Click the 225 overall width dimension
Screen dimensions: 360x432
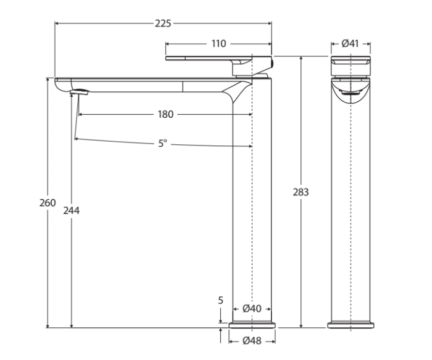pyautogui.click(x=163, y=23)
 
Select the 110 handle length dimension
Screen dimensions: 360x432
pyautogui.click(x=219, y=44)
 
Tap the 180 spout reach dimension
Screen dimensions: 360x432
pyautogui.click(x=165, y=114)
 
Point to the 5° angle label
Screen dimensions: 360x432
pyautogui.click(x=162, y=143)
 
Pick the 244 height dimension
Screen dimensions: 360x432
pyautogui.click(x=72, y=210)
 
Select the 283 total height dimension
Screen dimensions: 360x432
pyautogui.click(x=301, y=192)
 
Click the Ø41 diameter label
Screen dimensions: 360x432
pyautogui.click(x=351, y=44)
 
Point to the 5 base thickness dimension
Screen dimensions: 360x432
pyautogui.click(x=220, y=300)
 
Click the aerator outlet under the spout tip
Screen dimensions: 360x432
pyautogui.click(x=80, y=92)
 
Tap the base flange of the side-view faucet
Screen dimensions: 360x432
pyautogui.click(x=252, y=325)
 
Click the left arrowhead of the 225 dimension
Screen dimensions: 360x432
pyautogui.click(x=57, y=23)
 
